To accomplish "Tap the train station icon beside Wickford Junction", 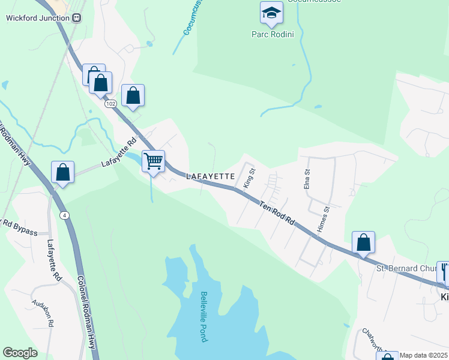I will point(76,17).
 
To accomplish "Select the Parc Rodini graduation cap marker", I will point(271,13).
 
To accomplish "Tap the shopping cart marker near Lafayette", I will point(154,161).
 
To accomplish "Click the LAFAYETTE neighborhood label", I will point(209,177).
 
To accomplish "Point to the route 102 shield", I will point(110,104).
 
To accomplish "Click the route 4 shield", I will point(64,215).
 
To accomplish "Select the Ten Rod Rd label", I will point(277,213).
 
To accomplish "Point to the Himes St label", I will point(325,220).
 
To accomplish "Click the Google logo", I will point(20,353).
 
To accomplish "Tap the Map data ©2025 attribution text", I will point(424,355).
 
